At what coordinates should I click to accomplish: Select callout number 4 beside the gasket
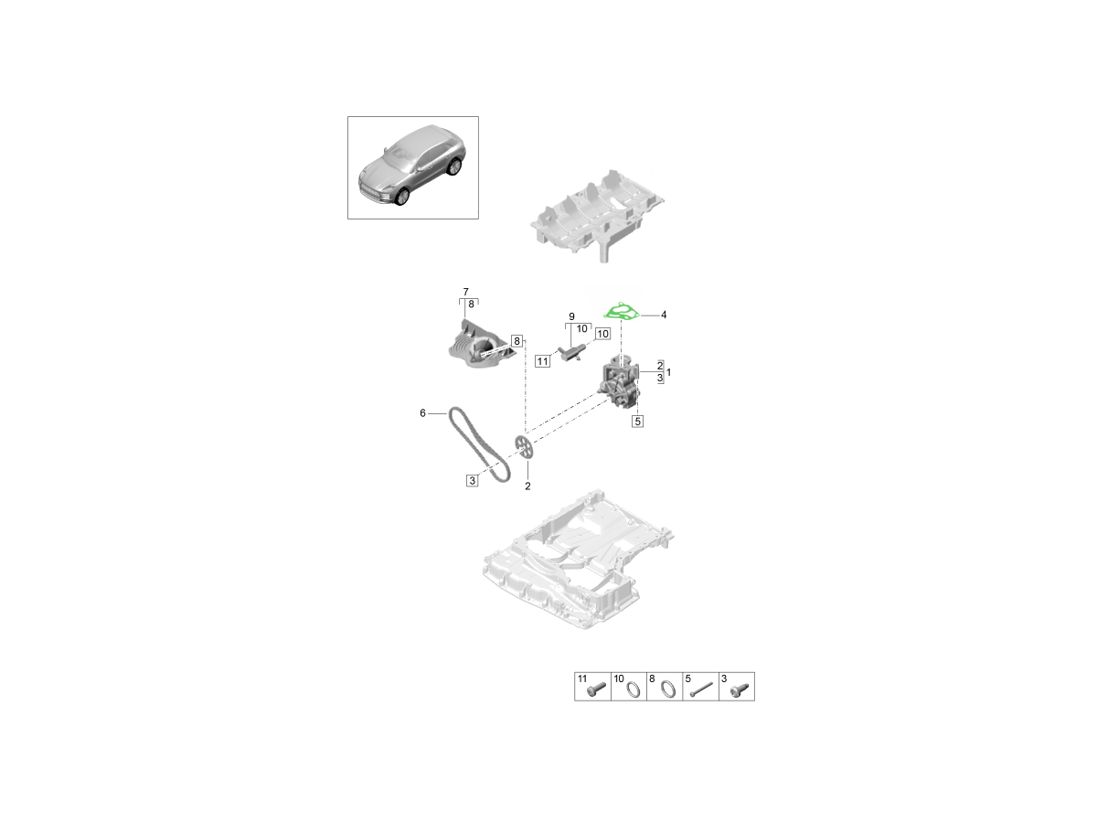click(x=663, y=315)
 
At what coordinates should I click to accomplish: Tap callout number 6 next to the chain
click(x=422, y=413)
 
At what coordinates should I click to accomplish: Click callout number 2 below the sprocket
click(x=527, y=486)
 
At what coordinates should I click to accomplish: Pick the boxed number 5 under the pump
click(x=637, y=422)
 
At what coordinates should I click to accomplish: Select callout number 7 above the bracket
click(x=466, y=292)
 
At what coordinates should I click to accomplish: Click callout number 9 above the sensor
click(x=571, y=316)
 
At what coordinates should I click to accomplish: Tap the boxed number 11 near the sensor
click(x=543, y=361)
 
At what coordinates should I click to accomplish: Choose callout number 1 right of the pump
click(x=668, y=372)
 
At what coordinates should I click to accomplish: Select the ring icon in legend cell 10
click(x=634, y=689)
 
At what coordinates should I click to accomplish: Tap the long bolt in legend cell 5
click(x=701, y=690)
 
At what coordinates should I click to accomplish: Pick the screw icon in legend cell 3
click(x=740, y=690)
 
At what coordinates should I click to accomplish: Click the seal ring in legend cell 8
click(x=668, y=689)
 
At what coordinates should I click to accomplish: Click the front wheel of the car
click(x=401, y=197)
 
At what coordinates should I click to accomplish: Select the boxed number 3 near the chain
click(x=472, y=480)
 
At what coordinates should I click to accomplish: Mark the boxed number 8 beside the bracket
click(x=517, y=341)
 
